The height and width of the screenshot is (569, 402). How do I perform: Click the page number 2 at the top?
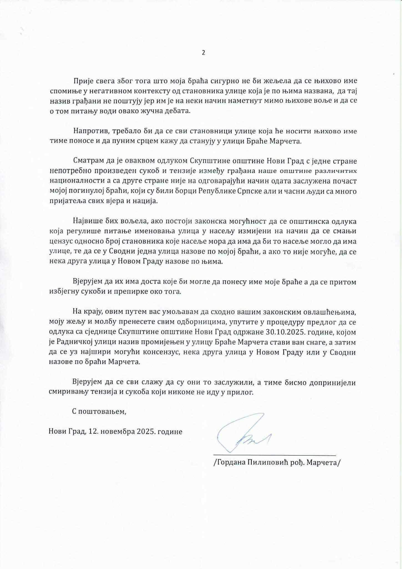pos(203,53)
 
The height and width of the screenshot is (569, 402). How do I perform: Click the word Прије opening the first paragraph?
pos(82,81)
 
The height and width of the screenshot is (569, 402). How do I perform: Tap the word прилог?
pos(243,393)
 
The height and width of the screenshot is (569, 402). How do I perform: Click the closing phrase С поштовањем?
pos(99,412)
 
